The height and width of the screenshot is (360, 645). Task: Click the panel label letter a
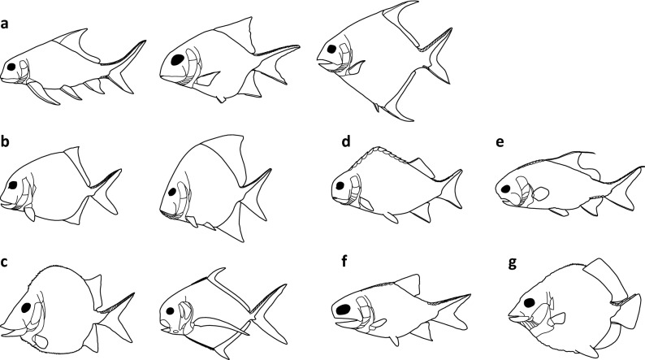point(5,24)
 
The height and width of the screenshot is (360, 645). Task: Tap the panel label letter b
point(5,141)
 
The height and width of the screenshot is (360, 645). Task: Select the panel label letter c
point(5,262)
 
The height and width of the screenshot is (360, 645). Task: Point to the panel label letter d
point(346,141)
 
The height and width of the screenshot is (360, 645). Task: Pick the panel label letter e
point(500,143)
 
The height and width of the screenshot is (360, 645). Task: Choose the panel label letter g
point(512,263)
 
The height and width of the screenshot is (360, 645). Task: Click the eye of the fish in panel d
point(340,185)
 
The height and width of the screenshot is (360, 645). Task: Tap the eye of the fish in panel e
point(505,189)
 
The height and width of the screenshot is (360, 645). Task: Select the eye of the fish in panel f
point(343,310)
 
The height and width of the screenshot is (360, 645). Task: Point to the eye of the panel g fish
point(530,303)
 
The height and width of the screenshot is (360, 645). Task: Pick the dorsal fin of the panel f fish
point(408,284)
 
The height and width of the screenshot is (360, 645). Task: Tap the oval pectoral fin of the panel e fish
point(540,193)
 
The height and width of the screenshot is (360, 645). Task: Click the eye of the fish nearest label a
point(11,67)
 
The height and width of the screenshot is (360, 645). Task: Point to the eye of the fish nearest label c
point(27,307)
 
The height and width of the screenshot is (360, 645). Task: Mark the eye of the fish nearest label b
point(13,185)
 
